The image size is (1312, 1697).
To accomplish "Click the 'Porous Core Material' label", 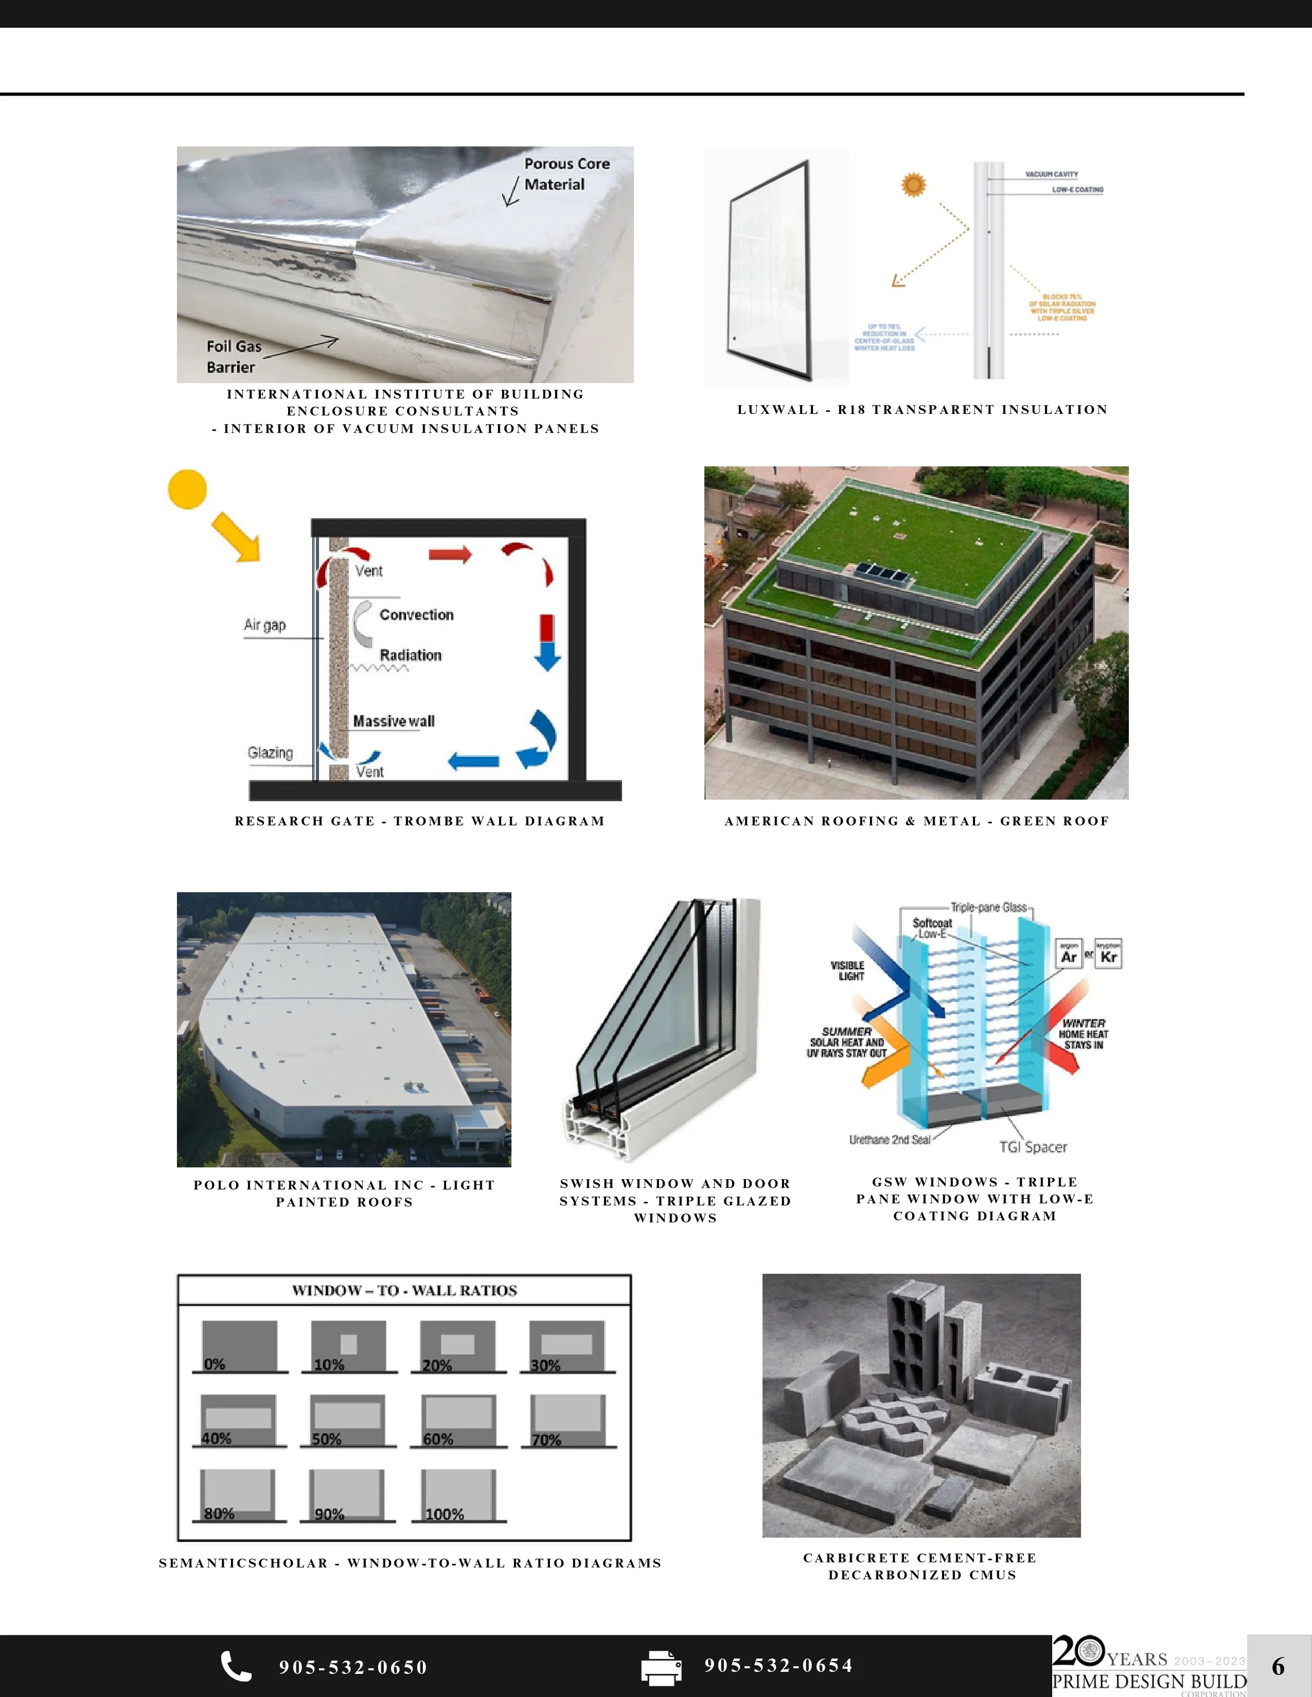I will pyautogui.click(x=566, y=174).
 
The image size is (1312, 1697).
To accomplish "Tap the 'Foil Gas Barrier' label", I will pyautogui.click(x=233, y=357).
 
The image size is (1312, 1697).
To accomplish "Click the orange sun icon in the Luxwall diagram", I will pyautogui.click(x=913, y=185).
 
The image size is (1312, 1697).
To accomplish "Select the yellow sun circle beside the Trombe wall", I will pyautogui.click(x=187, y=489).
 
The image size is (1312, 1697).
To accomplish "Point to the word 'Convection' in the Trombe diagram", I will pyautogui.click(x=416, y=615).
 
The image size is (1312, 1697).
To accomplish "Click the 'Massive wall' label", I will pyautogui.click(x=393, y=721).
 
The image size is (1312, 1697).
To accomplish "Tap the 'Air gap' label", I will pyautogui.click(x=264, y=625).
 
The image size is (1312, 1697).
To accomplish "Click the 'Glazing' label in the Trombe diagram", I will pyautogui.click(x=270, y=752).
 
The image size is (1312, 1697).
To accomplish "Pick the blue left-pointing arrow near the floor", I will pyautogui.click(x=473, y=762).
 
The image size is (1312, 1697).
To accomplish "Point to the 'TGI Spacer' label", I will pyautogui.click(x=1032, y=1147).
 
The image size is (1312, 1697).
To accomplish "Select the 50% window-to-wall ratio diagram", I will pyautogui.click(x=347, y=1421).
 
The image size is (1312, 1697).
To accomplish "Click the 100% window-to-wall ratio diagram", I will pyautogui.click(x=459, y=1495).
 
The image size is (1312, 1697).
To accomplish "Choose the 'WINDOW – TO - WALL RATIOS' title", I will pyautogui.click(x=404, y=1290).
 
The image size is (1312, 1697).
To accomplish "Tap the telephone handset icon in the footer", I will pyautogui.click(x=236, y=1666).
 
